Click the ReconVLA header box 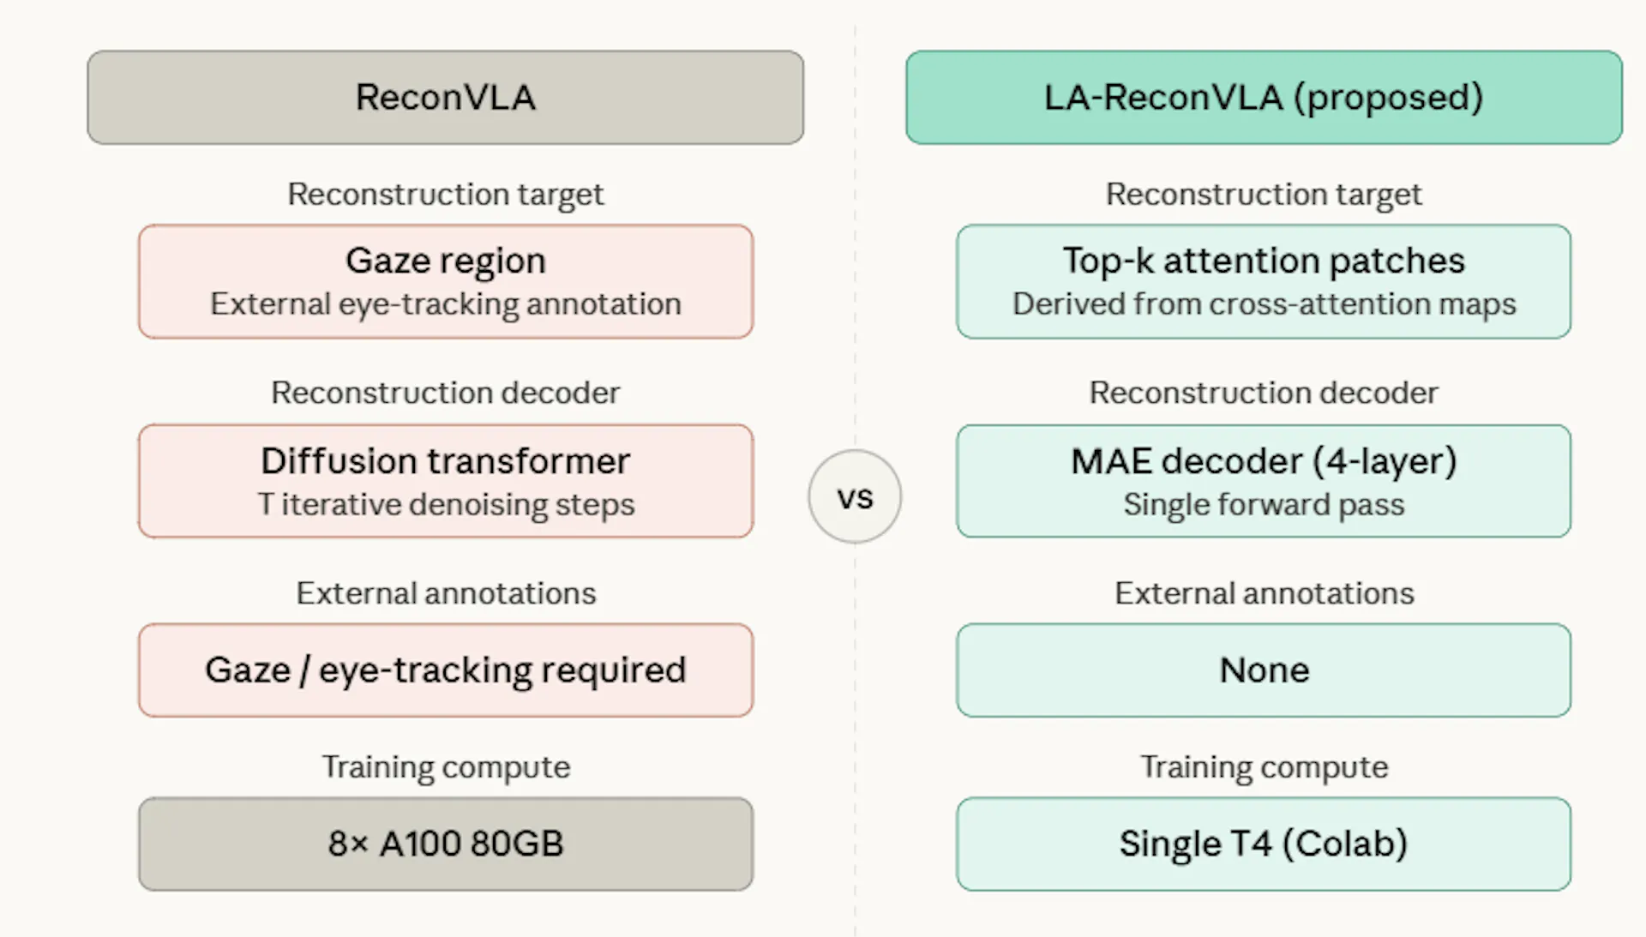tap(445, 97)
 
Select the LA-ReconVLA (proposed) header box tap(1264, 97)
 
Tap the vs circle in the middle tap(855, 496)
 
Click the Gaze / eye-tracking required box tap(445, 670)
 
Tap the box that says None tap(1264, 670)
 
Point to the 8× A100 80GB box tap(445, 844)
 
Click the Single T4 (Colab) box tap(1264, 844)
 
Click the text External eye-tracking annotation tap(445, 304)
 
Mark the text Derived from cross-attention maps tap(1264, 304)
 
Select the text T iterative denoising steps tap(445, 505)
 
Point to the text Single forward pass tap(1264, 505)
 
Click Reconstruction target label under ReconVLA tap(445, 195)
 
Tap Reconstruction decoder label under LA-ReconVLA tap(1264, 393)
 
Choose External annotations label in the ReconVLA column tap(445, 593)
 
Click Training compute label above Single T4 tap(1264, 766)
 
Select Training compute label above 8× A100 tap(445, 766)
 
